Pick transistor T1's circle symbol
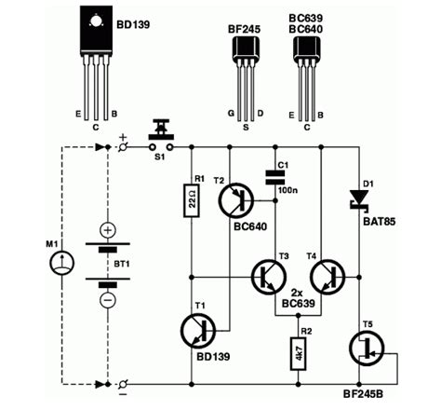click(x=200, y=331)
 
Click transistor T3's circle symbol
click(x=271, y=277)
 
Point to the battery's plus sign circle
click(x=108, y=229)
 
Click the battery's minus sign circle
click(x=108, y=300)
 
